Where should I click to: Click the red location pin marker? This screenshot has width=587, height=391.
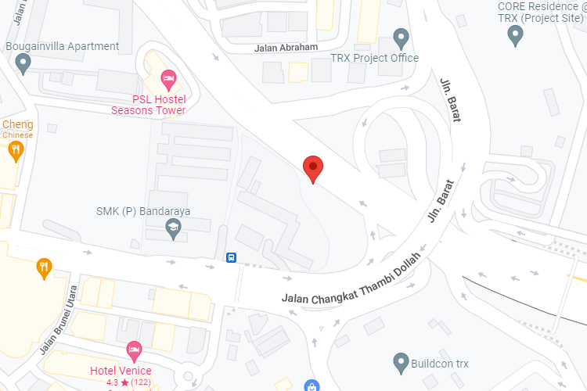point(313,167)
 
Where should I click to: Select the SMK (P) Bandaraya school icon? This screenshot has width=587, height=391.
point(172,228)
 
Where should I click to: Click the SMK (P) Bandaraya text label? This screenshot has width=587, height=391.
point(143,211)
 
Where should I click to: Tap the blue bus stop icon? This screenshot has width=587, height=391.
point(232,257)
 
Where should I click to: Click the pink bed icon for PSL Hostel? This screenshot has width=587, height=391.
point(167,78)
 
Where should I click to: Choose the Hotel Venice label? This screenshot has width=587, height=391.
point(121,370)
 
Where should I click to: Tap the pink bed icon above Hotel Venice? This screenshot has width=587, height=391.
point(134,348)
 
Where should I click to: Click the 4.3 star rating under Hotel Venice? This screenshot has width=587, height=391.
point(128,382)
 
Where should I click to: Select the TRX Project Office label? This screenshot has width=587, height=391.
point(374,58)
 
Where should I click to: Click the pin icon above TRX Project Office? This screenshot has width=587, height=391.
point(401,36)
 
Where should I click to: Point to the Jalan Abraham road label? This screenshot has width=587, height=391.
point(286,47)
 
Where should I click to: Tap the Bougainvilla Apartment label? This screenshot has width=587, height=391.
point(63,46)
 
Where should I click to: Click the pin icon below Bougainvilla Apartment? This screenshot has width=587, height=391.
point(23,63)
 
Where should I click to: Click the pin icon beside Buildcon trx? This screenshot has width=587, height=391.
point(401,362)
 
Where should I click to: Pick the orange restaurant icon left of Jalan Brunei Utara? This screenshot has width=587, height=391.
point(45,268)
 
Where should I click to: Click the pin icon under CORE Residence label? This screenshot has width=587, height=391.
point(515,34)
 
